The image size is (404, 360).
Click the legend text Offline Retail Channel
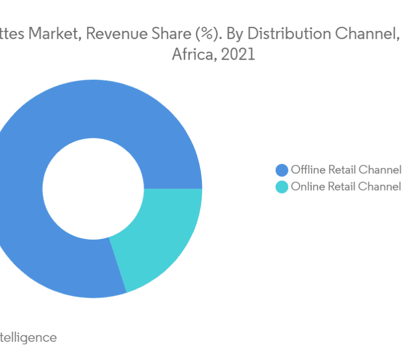pos(346,170)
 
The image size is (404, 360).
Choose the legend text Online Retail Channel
pos(346,187)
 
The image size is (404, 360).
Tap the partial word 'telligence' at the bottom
pos(28,337)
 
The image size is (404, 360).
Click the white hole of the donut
pos(93,188)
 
